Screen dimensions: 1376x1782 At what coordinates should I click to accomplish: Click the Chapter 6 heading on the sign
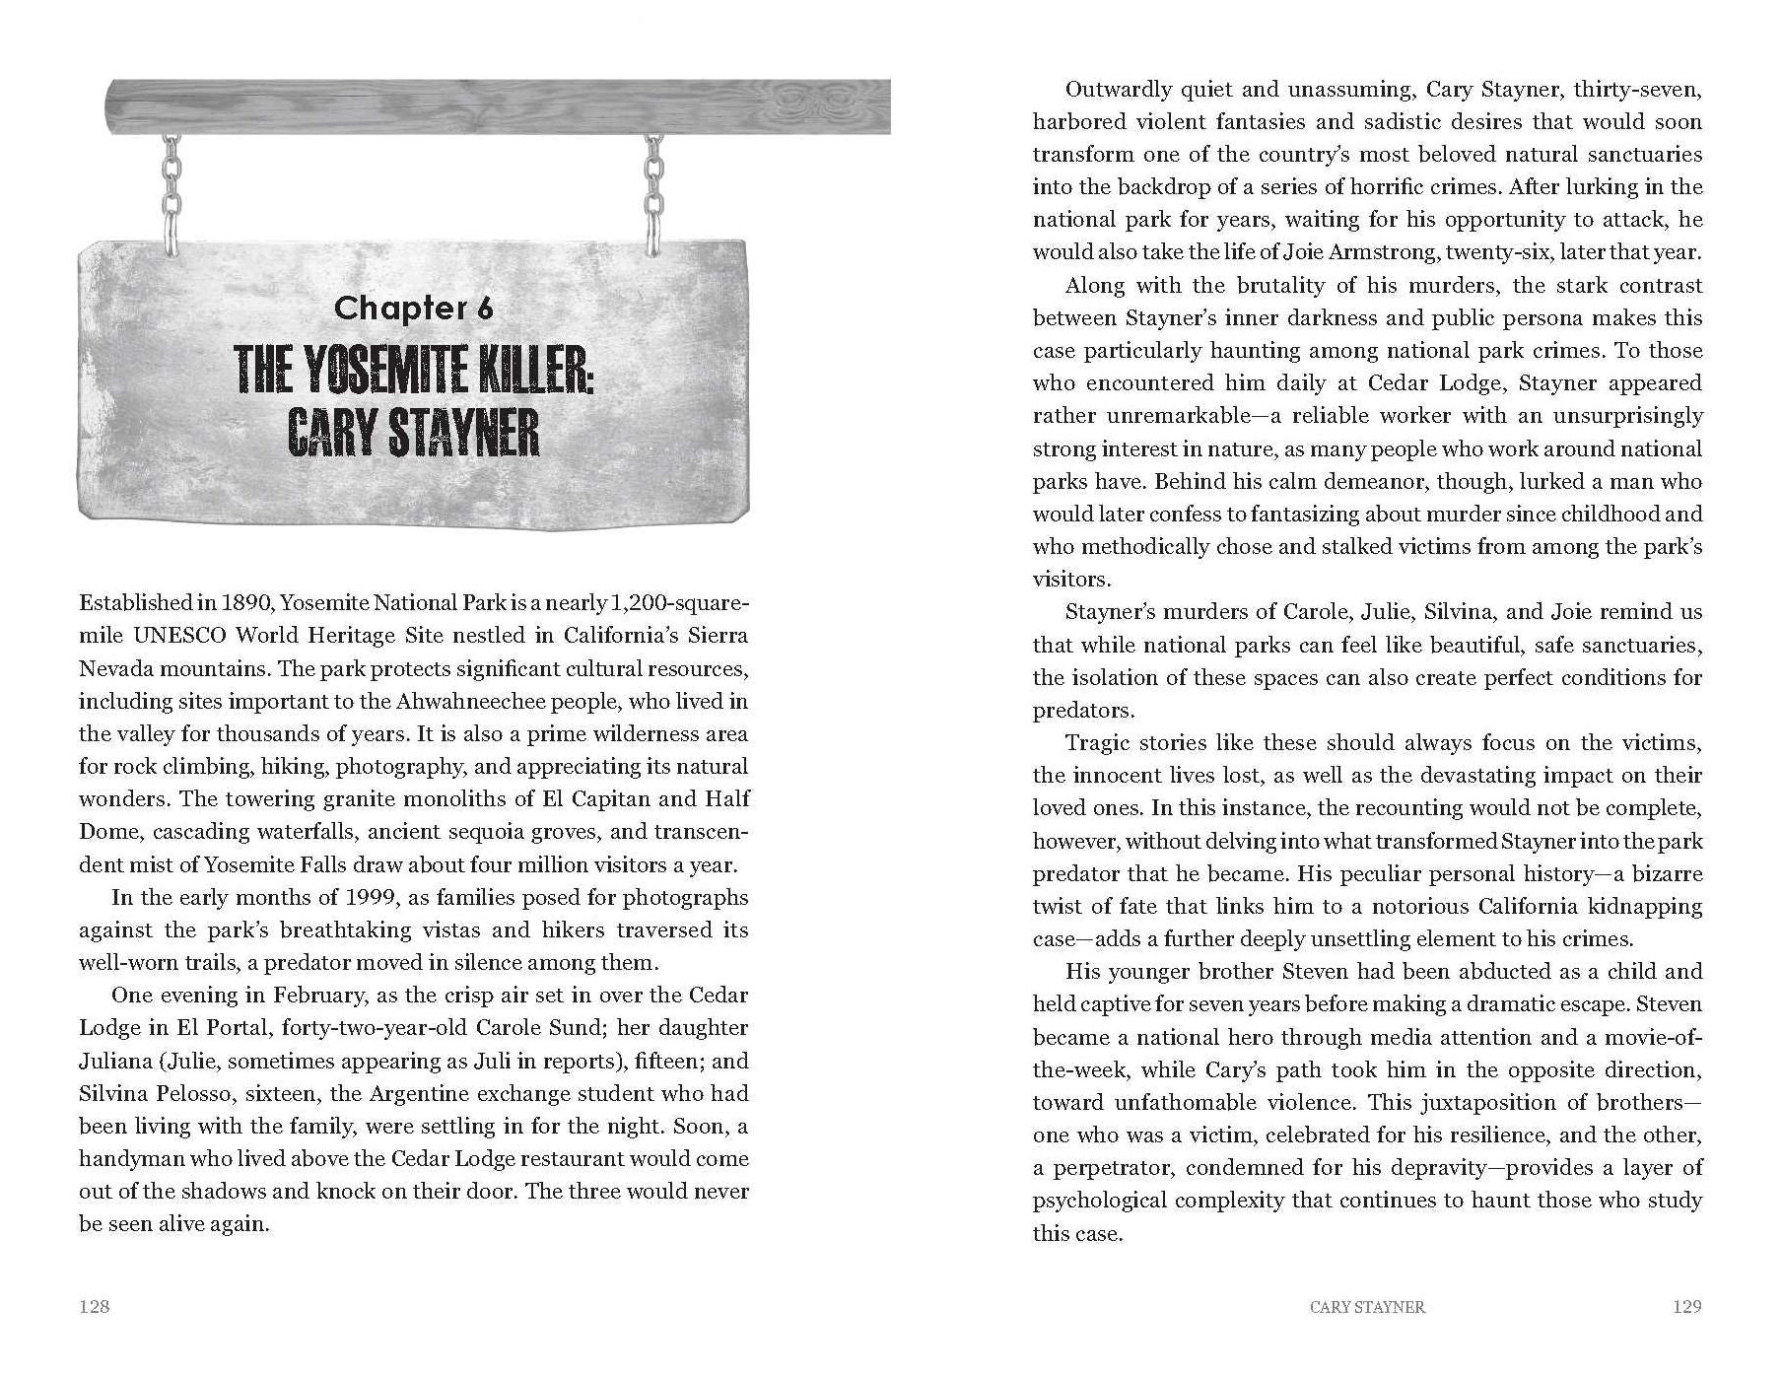pos(413,309)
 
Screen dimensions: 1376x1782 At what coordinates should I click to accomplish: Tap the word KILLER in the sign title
pos(531,374)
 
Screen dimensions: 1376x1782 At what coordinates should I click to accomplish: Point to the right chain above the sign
pos(652,193)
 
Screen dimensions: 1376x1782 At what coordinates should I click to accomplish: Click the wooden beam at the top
pos(497,106)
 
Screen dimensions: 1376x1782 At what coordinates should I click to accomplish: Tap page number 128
pos(95,1307)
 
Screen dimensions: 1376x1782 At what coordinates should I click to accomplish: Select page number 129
pos(1687,1307)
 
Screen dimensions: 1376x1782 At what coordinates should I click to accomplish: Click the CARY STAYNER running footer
pos(1367,1307)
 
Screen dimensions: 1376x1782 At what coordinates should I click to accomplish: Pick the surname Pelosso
pos(215,1094)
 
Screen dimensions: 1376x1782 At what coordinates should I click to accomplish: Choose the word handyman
pos(125,1159)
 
